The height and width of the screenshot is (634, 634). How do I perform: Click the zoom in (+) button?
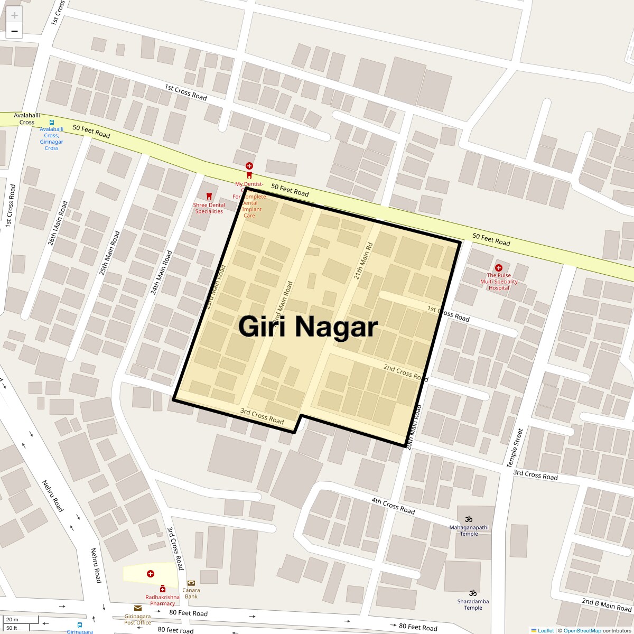[14, 15]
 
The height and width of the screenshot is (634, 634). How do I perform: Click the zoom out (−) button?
[14, 31]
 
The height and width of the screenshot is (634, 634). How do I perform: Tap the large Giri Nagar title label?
[308, 327]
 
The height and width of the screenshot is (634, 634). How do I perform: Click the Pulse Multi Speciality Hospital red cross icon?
[498, 268]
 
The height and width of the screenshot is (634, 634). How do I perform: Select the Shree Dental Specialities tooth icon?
[209, 197]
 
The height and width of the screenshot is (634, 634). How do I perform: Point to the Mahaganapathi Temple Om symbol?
[468, 519]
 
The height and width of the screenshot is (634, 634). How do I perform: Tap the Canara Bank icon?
[191, 583]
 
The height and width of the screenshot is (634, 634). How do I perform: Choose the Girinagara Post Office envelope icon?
[137, 608]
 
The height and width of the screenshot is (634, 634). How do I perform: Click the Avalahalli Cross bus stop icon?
[52, 121]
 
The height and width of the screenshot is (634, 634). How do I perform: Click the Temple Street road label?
[515, 447]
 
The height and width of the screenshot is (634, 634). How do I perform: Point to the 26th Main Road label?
[58, 223]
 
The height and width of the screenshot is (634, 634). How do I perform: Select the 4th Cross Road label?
[393, 506]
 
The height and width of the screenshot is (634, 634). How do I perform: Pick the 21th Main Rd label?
[363, 261]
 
